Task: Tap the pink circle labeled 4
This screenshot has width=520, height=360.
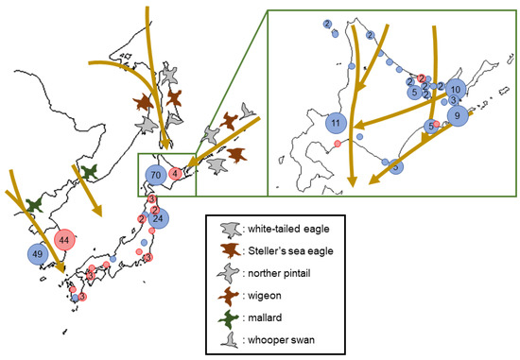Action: pyautogui.click(x=175, y=174)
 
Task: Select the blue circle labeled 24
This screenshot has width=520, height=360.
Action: pyautogui.click(x=160, y=219)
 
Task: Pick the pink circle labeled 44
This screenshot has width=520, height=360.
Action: pyautogui.click(x=65, y=241)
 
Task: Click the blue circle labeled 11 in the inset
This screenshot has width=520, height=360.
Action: pyautogui.click(x=336, y=123)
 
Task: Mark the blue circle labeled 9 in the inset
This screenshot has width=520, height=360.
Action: pyautogui.click(x=458, y=116)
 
